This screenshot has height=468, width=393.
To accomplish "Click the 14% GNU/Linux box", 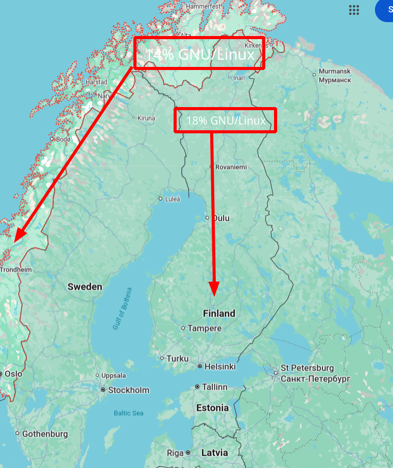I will click(x=199, y=53).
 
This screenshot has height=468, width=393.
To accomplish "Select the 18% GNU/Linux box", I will click(x=226, y=120).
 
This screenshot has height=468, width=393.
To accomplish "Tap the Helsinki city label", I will click(x=220, y=367).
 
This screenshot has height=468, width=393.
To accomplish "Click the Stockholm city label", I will click(x=128, y=390).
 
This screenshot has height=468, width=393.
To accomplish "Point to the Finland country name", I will click(x=219, y=313).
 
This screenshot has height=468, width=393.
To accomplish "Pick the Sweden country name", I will click(x=85, y=287).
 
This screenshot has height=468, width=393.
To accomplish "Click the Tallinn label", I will click(x=214, y=387).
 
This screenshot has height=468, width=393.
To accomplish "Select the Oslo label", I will click(x=14, y=374).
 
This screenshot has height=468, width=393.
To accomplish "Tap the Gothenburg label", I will click(x=45, y=434).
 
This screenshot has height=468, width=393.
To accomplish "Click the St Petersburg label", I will click(x=307, y=368).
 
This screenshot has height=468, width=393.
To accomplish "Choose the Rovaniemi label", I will click(x=231, y=167).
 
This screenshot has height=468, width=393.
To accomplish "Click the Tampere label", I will click(x=204, y=328).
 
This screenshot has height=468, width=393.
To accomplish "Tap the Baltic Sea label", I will click(x=128, y=413).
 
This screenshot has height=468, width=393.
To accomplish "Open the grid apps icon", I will click(x=354, y=10).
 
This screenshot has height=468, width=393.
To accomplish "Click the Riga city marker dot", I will click(x=188, y=453).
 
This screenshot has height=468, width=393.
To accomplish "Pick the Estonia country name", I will click(x=212, y=408).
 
